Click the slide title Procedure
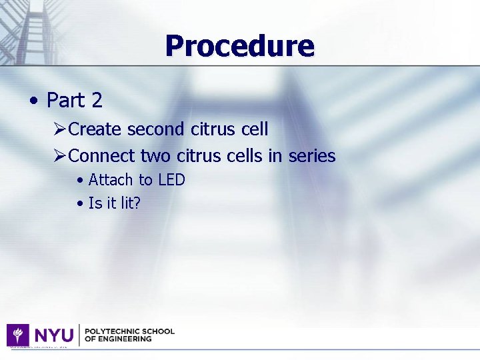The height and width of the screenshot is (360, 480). tap(239, 46)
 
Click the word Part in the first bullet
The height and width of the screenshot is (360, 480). tap(66, 101)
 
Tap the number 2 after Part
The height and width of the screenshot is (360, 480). tap(97, 101)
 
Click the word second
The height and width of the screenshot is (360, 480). tap(155, 129)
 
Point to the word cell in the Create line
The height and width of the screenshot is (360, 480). tap(254, 129)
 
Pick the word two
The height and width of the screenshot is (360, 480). tap(156, 156)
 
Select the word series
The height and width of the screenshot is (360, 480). tap(311, 156)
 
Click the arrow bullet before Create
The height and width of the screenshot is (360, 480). tap(59, 129)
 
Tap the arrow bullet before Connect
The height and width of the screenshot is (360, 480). tap(59, 156)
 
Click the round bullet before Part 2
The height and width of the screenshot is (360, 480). tap(33, 101)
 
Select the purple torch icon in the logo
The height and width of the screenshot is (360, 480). tap(18, 335)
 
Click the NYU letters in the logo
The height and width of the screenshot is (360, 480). tap(54, 335)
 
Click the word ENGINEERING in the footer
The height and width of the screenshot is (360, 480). tap(126, 339)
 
